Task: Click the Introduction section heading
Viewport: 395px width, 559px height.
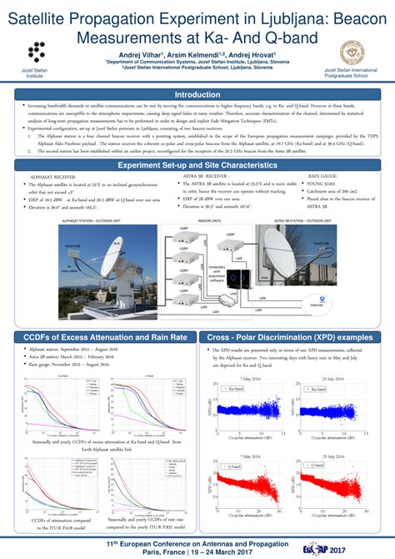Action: (x=197, y=96)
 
